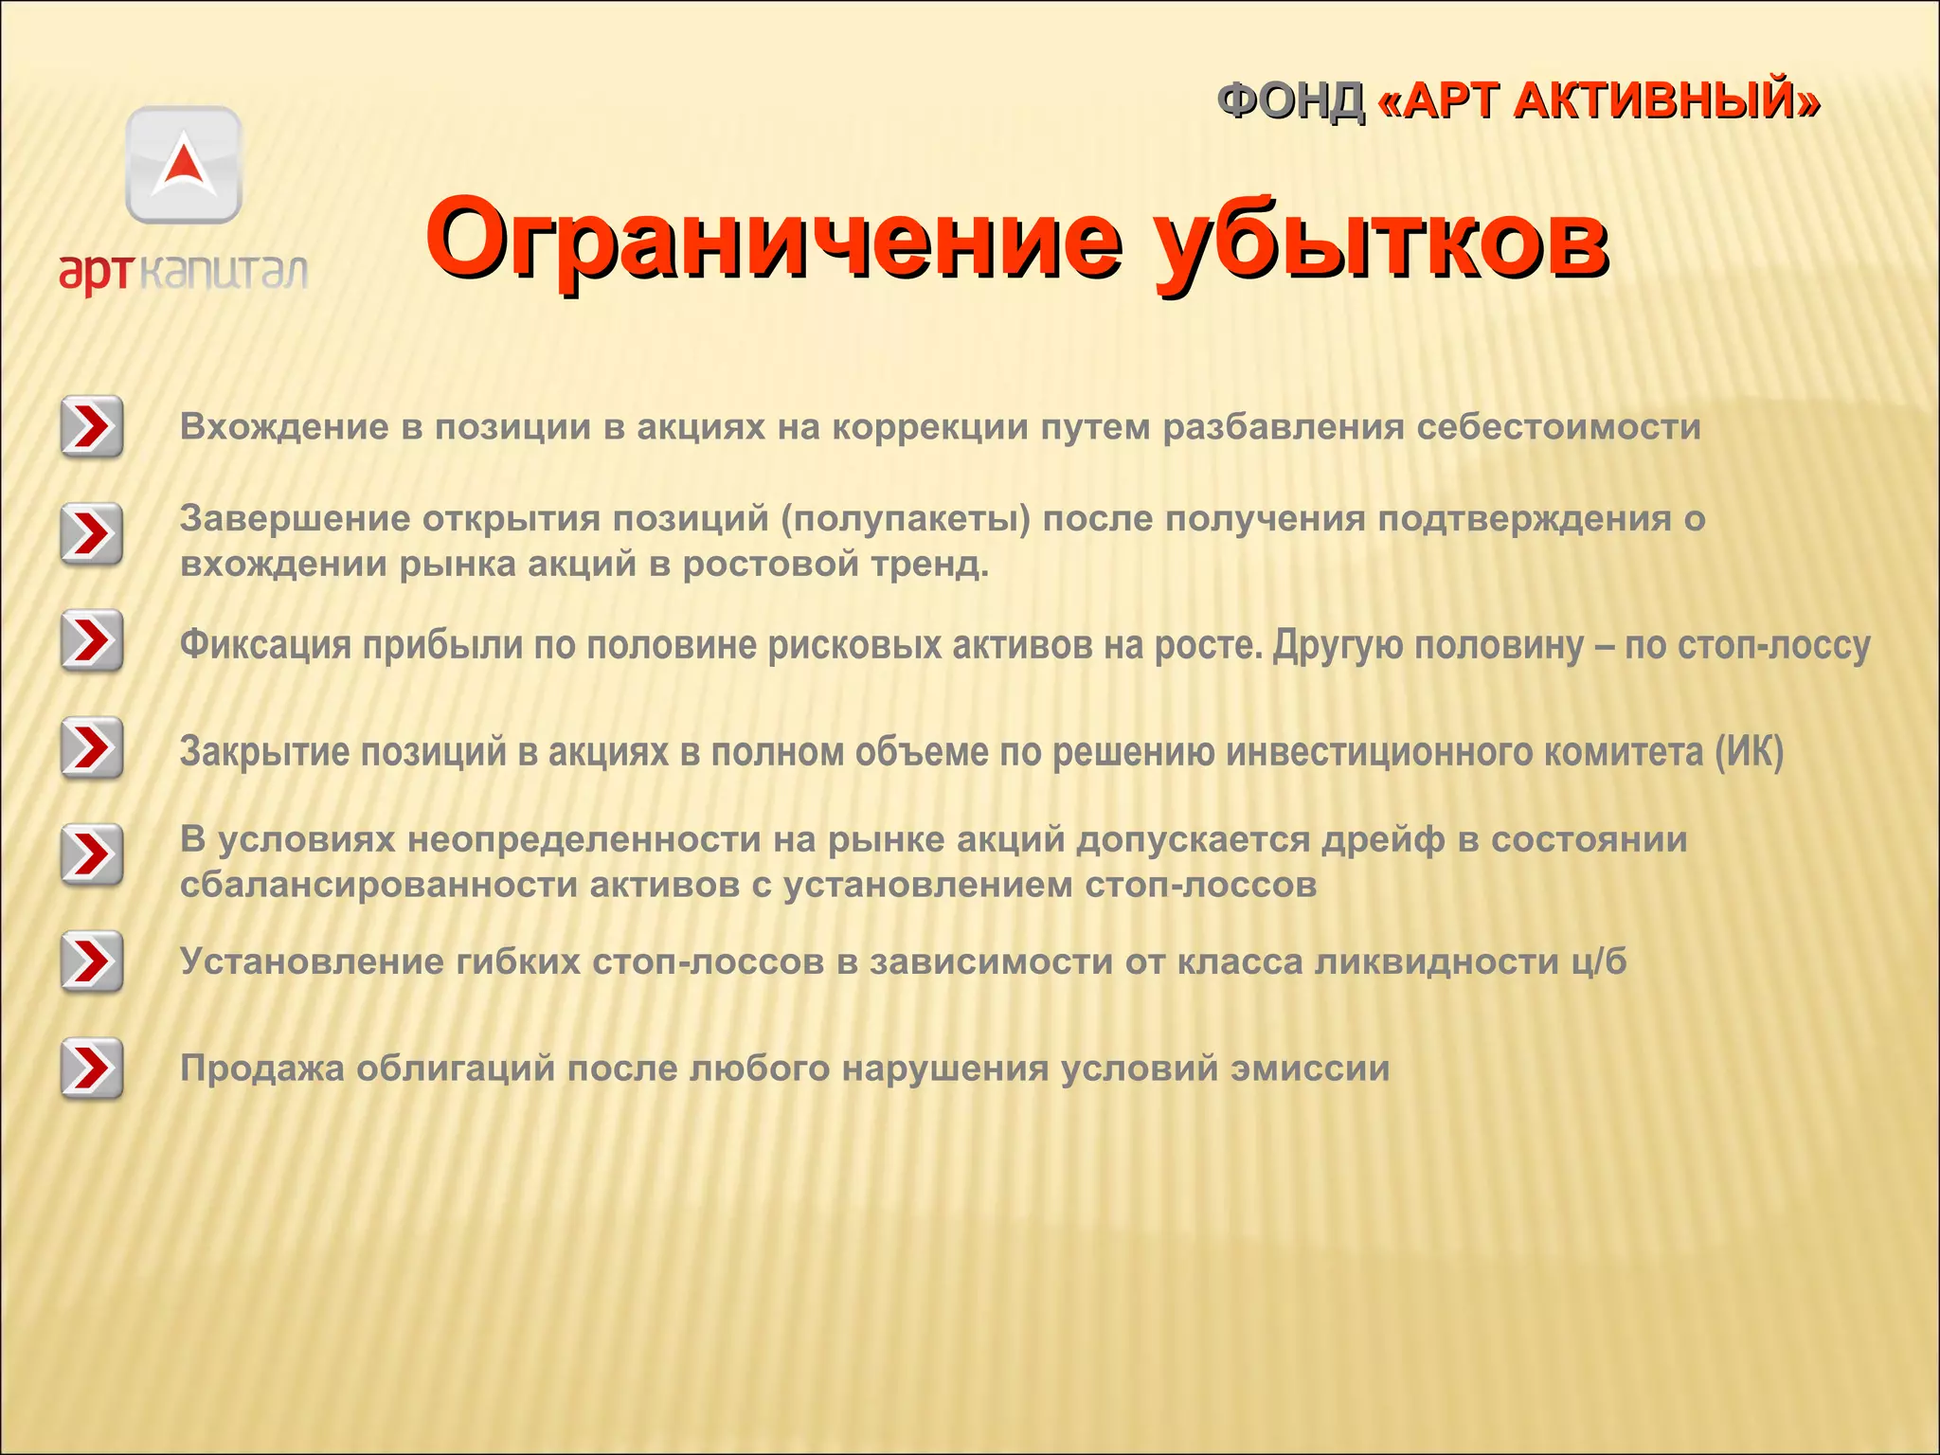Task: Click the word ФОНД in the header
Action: [x=1290, y=101]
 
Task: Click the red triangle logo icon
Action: [x=184, y=164]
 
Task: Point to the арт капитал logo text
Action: [x=184, y=272]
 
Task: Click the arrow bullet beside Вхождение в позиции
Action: [x=92, y=427]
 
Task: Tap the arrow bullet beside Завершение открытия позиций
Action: [x=92, y=534]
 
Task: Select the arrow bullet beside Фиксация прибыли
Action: [x=92, y=641]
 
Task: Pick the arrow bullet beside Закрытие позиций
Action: [x=92, y=748]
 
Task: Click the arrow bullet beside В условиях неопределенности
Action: [x=92, y=855]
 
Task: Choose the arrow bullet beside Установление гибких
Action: [x=92, y=962]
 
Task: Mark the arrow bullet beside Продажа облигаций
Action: [x=92, y=1069]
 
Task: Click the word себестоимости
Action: [x=1558, y=427]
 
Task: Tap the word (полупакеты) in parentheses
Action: [x=905, y=519]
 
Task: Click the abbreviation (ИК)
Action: [x=1749, y=752]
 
